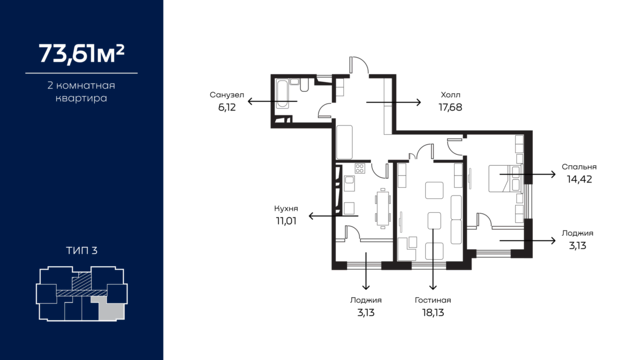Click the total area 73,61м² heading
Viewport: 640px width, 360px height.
[x=82, y=53]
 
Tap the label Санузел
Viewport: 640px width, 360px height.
[x=227, y=95]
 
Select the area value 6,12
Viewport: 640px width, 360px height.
[x=227, y=108]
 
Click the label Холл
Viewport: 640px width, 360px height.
[x=451, y=95]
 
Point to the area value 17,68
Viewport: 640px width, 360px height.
[x=451, y=108]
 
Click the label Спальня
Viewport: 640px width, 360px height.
[x=579, y=167]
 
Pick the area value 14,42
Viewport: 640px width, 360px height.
[x=579, y=180]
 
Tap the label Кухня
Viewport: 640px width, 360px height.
[x=286, y=209]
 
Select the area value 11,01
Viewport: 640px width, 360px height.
[x=286, y=221]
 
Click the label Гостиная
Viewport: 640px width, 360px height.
[x=433, y=300]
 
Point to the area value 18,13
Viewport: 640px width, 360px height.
[x=433, y=313]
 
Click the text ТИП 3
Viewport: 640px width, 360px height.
[x=82, y=251]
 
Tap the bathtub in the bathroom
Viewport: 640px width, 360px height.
[x=282, y=94]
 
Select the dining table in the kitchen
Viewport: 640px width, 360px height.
[x=383, y=209]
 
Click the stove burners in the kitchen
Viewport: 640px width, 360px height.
[x=360, y=168]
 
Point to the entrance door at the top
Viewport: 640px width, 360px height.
[x=358, y=66]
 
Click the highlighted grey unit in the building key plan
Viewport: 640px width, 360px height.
[x=109, y=308]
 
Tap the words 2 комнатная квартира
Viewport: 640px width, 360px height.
[x=82, y=92]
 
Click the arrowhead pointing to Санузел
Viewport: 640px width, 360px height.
[x=251, y=101]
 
